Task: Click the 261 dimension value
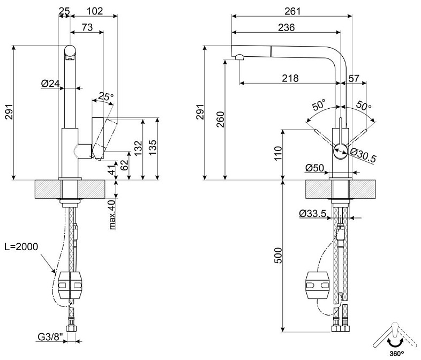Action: point(292,11)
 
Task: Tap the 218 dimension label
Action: point(290,78)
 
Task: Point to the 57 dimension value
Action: point(354,78)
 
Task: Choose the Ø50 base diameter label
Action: point(315,168)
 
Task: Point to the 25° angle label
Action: point(107,97)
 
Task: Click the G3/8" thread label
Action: point(51,337)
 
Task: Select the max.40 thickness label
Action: point(113,214)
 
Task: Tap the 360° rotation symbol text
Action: point(396,354)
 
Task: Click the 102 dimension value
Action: point(95,11)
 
